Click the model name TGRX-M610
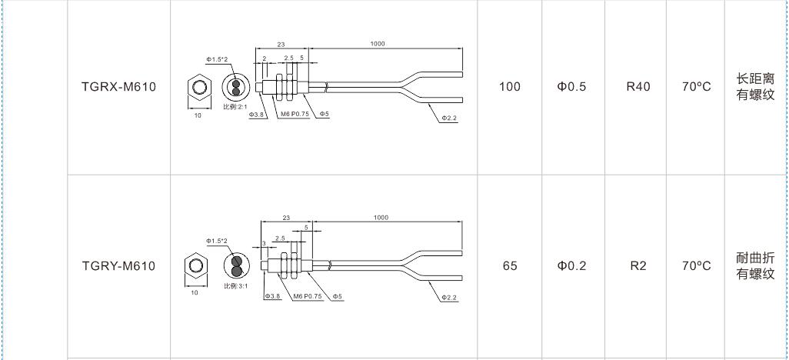click(x=118, y=87)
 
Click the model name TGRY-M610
click(x=118, y=265)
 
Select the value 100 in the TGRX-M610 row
click(x=510, y=87)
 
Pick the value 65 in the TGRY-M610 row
click(x=510, y=265)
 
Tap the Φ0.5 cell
click(x=571, y=87)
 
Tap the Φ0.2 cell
click(x=571, y=265)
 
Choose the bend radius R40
click(x=638, y=87)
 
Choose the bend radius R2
click(x=638, y=265)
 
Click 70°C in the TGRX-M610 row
click(x=697, y=87)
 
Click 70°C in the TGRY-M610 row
click(x=697, y=265)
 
